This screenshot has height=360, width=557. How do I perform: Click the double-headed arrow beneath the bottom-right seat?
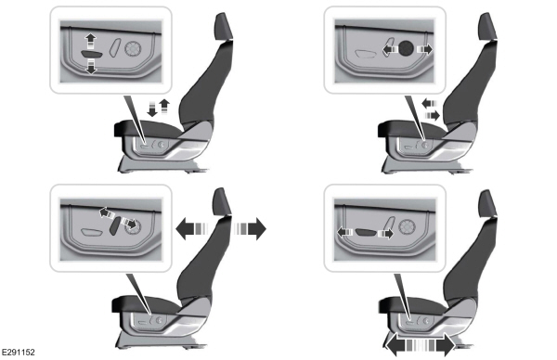pyautogui.click(x=421, y=346)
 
